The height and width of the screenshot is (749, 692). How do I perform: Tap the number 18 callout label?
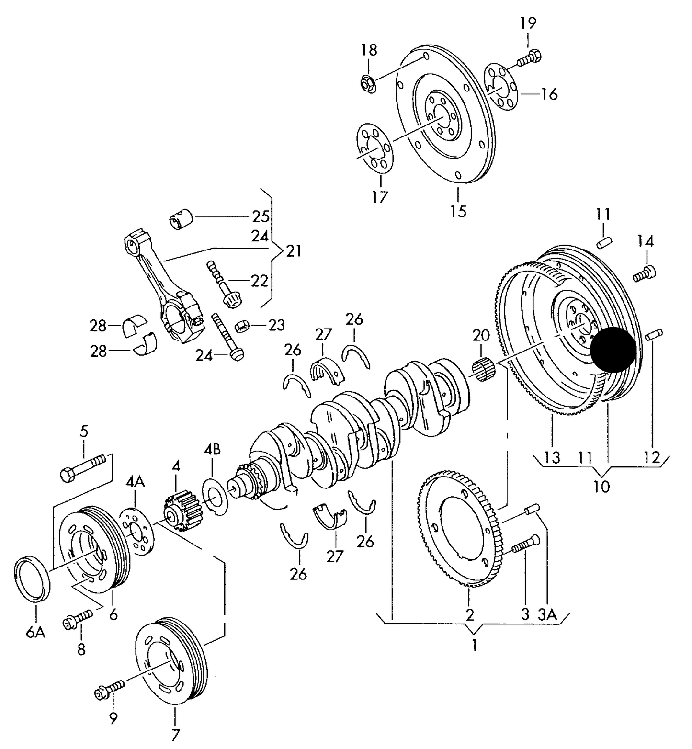click(x=369, y=50)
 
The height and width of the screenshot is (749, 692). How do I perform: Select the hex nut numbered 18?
click(x=368, y=84)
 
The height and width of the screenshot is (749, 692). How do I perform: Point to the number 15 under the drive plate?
click(x=458, y=211)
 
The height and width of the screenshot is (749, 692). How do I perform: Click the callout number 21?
click(x=294, y=250)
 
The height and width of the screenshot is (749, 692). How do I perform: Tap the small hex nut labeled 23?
click(x=242, y=326)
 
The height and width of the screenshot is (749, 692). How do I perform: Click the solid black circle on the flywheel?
click(x=613, y=350)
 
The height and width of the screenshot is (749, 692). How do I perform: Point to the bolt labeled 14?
click(x=645, y=273)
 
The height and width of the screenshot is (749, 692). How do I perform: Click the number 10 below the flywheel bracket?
click(x=601, y=487)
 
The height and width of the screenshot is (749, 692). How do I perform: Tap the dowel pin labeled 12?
click(x=654, y=335)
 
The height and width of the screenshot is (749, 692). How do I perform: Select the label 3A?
click(x=547, y=614)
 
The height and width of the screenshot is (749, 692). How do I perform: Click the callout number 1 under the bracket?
click(x=474, y=646)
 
